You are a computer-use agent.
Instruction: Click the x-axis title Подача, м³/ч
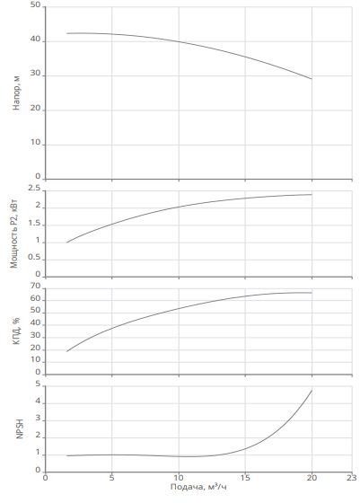(x=198, y=487)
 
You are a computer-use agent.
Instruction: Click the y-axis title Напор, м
(x=16, y=93)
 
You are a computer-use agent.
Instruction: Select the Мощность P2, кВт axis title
(x=14, y=234)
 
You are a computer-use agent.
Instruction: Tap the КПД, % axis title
(x=16, y=331)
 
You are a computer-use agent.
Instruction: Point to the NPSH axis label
(x=20, y=429)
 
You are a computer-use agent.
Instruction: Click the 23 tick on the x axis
(x=352, y=478)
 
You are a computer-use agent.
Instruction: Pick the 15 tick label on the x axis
(x=245, y=478)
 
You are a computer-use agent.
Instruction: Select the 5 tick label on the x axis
(x=111, y=478)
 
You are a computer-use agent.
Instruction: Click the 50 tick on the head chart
(x=36, y=5)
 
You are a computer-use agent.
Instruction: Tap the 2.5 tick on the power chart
(x=34, y=189)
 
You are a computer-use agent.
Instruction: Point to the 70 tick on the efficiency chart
(x=36, y=286)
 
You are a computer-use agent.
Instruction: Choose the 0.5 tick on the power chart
(x=34, y=257)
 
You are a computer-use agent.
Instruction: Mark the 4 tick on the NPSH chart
(x=38, y=402)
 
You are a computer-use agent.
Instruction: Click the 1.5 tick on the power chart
(x=35, y=224)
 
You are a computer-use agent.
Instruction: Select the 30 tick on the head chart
(x=36, y=74)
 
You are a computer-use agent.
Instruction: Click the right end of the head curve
(x=312, y=79)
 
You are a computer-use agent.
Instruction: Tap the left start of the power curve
(x=66, y=243)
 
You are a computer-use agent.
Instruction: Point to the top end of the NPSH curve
(x=312, y=391)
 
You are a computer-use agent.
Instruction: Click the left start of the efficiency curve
(x=66, y=351)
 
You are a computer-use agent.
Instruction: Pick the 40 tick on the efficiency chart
(x=36, y=323)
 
